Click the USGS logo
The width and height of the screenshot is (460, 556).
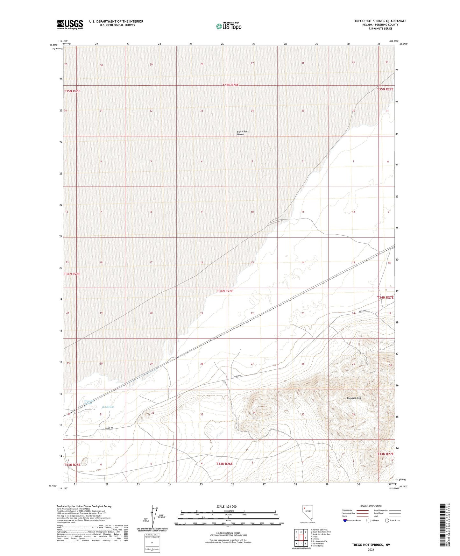(70, 24)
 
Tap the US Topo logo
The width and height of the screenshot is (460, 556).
(229, 26)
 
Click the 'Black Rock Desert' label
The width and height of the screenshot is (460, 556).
(243, 133)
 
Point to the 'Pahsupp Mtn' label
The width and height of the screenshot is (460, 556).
(354, 398)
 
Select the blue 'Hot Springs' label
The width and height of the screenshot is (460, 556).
(108, 407)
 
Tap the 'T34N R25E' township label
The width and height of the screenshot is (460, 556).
(72, 274)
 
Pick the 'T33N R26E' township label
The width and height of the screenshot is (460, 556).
(224, 464)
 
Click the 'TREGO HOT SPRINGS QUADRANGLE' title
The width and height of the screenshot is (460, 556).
(380, 21)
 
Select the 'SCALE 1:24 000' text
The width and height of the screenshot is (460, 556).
(226, 506)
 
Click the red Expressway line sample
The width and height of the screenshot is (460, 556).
(363, 510)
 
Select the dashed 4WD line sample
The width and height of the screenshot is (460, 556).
(395, 517)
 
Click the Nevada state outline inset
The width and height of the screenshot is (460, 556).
(307, 513)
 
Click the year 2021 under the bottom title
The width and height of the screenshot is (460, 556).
(371, 549)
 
